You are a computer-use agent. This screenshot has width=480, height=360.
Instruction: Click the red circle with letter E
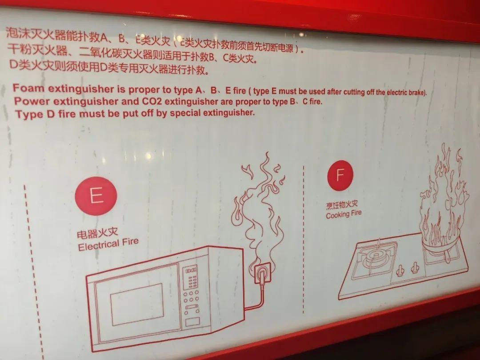(x=96, y=196)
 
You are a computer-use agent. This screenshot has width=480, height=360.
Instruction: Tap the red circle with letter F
(x=340, y=175)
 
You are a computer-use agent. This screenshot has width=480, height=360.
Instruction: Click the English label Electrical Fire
(x=108, y=244)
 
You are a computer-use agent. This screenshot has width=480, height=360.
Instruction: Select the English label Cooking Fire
(x=344, y=214)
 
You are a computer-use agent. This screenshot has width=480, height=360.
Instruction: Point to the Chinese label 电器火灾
(x=97, y=233)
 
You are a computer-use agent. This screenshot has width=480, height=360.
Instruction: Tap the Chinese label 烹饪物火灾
(x=342, y=204)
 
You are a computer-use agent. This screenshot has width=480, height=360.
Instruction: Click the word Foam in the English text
(x=28, y=88)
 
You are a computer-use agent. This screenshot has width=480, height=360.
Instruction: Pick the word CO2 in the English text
(x=152, y=101)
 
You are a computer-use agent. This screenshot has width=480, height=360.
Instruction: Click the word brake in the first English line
(x=416, y=92)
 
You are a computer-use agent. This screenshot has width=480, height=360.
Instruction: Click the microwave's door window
(x=137, y=304)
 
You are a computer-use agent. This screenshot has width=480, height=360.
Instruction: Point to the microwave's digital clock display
(x=191, y=271)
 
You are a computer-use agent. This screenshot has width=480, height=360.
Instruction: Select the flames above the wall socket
(x=259, y=208)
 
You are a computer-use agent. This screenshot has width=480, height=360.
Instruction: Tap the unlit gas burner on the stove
(x=375, y=256)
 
